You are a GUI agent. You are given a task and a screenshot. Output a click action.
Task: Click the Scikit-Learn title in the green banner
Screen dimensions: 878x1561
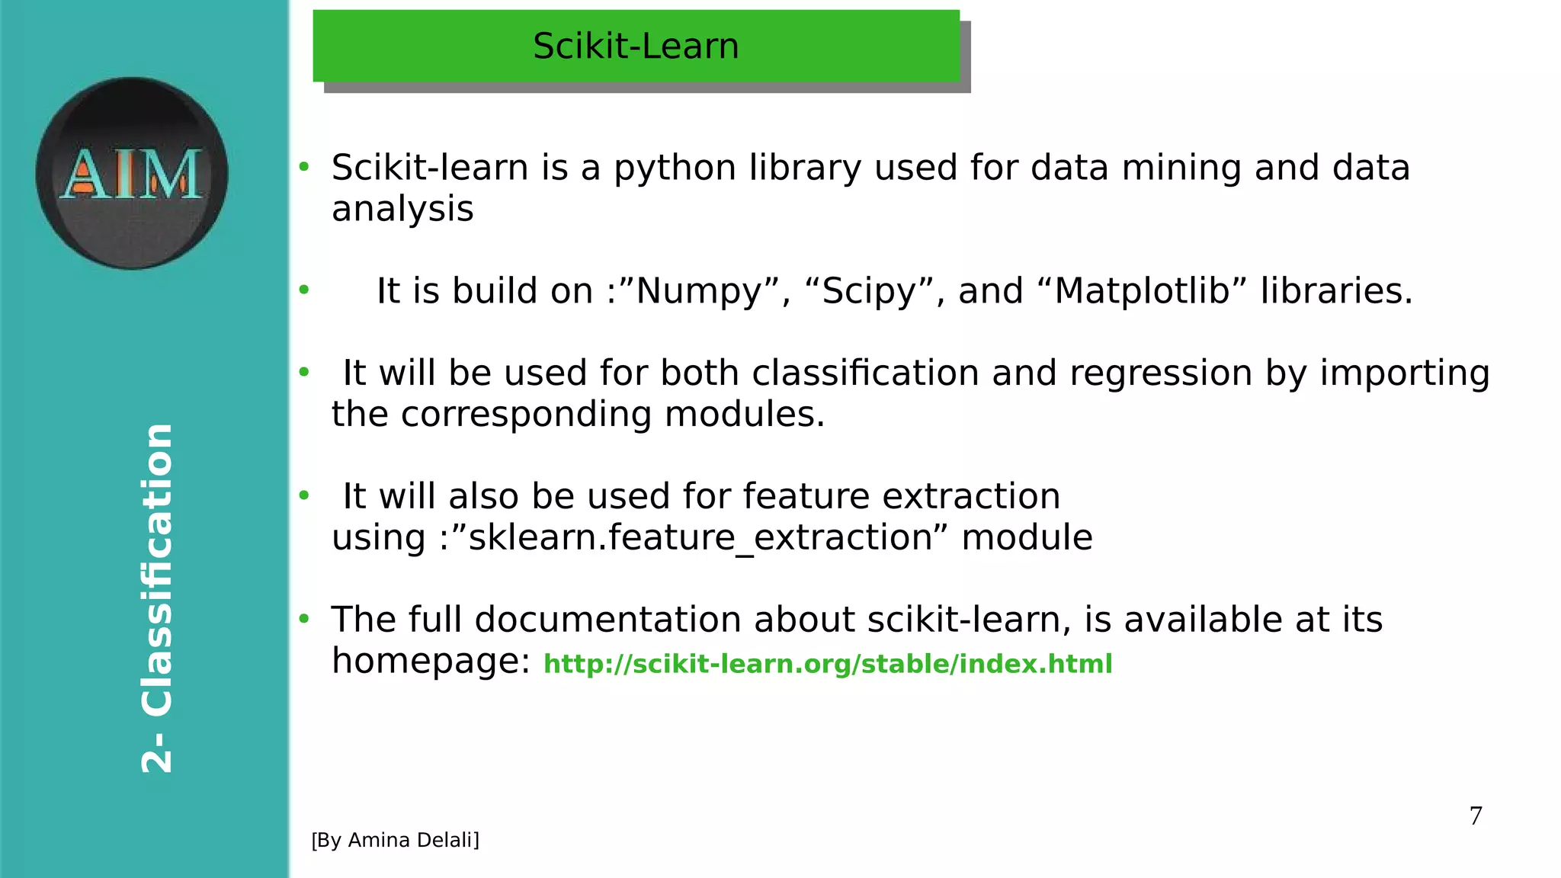pyautogui.click(x=636, y=46)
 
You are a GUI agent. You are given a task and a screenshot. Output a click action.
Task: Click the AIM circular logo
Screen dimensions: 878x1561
pyautogui.click(x=132, y=173)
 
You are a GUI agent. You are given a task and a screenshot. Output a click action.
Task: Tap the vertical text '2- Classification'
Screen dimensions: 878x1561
pyautogui.click(x=158, y=598)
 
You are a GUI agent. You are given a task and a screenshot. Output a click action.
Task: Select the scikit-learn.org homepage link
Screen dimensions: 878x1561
pyautogui.click(x=828, y=664)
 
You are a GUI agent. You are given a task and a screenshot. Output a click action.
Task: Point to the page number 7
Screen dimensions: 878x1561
pyautogui.click(x=1476, y=816)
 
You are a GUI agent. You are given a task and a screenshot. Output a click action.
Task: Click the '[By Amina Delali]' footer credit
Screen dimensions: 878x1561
pyautogui.click(x=395, y=840)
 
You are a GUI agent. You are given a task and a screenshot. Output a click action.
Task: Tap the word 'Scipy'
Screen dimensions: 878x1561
pyautogui.click(x=868, y=291)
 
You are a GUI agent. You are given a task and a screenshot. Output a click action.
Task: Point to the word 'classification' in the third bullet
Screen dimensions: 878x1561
pyautogui.click(x=865, y=373)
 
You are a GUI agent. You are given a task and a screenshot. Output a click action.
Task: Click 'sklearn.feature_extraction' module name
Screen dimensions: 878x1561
pyautogui.click(x=700, y=538)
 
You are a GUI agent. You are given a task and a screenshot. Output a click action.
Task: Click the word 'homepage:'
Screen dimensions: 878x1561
pyautogui.click(x=431, y=661)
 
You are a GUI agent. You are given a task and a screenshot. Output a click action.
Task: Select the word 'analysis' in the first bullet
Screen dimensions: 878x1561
pyautogui.click(x=402, y=209)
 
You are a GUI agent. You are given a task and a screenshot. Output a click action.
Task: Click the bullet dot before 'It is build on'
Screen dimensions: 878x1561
pyautogui.click(x=304, y=290)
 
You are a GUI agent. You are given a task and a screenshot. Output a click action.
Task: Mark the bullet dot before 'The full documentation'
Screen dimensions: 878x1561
pyautogui.click(x=304, y=619)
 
